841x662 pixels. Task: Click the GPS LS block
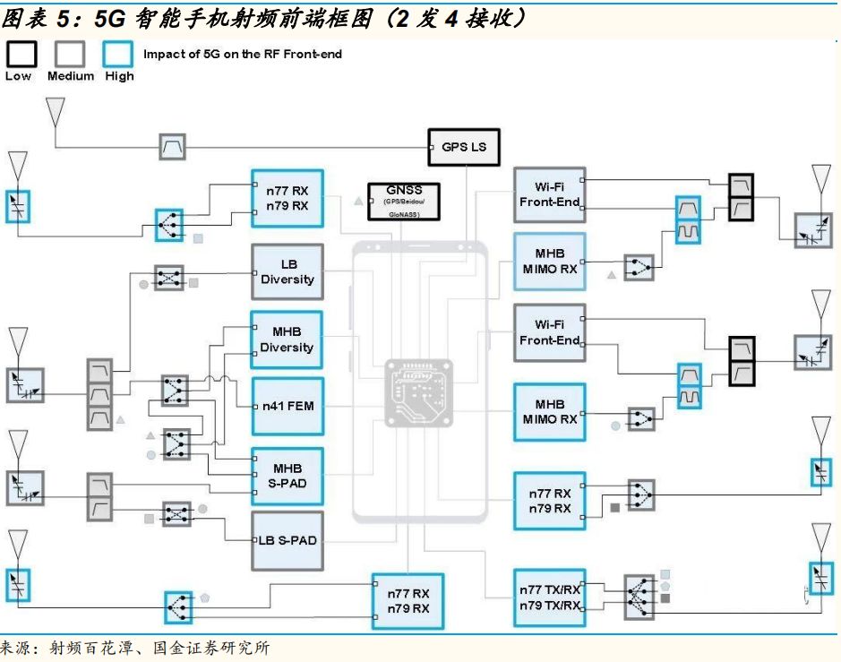pos(464,147)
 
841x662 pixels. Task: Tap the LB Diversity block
pos(287,272)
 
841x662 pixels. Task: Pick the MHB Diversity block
pos(287,340)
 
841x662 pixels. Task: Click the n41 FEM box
pos(287,407)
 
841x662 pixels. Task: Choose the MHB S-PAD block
pos(287,476)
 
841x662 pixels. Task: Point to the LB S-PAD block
pos(287,541)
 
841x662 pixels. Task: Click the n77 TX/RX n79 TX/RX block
pos(550,598)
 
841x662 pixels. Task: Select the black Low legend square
pos(21,55)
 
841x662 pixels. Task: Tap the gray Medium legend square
pos(70,55)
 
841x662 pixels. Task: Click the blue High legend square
pos(118,55)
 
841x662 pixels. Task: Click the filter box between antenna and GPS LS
pos(172,147)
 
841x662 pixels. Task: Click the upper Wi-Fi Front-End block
pos(550,194)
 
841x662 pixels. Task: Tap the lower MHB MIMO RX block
pos(550,412)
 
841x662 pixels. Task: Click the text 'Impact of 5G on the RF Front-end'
pos(243,54)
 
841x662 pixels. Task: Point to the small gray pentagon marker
pos(205,596)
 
